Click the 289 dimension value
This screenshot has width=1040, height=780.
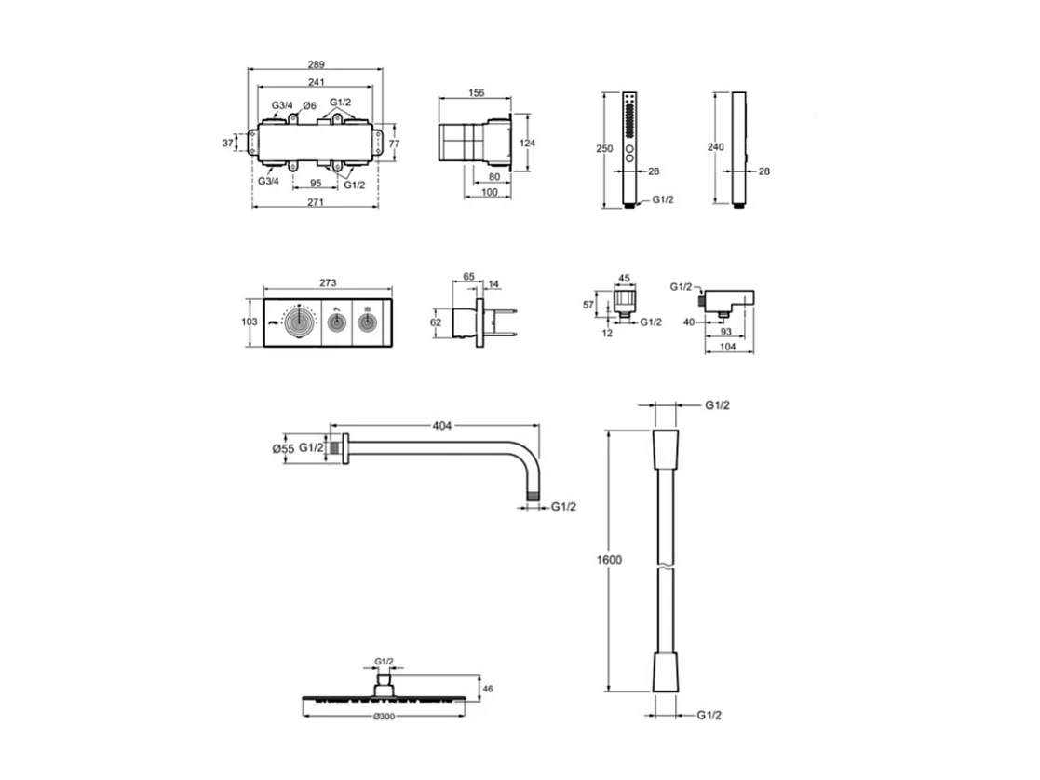[317, 64]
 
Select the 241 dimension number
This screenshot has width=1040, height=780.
[317, 81]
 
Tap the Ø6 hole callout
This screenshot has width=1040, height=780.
[312, 105]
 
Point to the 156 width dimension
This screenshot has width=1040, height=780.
[475, 92]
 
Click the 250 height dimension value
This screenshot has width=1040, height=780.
[605, 148]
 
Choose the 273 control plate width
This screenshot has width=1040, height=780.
[327, 282]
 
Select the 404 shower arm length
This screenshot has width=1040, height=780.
[441, 426]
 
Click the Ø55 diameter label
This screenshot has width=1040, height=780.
[283, 448]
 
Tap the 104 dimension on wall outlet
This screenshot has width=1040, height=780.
[728, 347]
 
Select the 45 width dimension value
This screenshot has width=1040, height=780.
[624, 277]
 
